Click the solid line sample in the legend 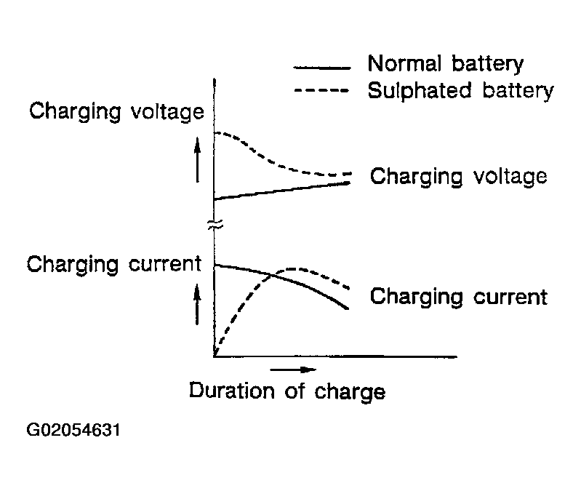click(321, 68)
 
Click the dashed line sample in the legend click(321, 91)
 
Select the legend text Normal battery click(445, 63)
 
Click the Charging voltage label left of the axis click(116, 112)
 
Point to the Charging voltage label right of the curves click(458, 177)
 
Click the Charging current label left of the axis click(113, 263)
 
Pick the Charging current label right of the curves click(458, 297)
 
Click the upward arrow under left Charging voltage click(197, 161)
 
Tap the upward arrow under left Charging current click(197, 303)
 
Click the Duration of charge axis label click(287, 391)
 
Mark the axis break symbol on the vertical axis click(215, 225)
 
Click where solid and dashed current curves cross click(273, 274)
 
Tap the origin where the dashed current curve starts click(215, 356)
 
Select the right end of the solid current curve click(348, 308)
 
